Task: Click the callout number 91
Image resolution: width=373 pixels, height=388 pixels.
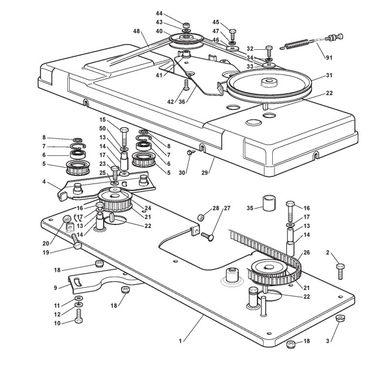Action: point(328,57)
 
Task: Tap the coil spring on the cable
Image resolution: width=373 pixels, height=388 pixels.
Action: point(295,45)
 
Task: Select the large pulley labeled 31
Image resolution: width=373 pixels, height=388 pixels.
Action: point(269,84)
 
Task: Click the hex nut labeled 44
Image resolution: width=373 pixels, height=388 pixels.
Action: point(186,25)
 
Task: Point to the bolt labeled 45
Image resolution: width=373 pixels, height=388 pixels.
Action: point(233,34)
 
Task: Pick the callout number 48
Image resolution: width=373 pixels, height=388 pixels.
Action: point(137,31)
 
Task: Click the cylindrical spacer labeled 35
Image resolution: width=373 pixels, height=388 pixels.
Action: point(269,203)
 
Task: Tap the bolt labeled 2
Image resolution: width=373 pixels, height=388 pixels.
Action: point(340,271)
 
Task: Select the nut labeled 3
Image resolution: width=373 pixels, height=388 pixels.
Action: point(341,318)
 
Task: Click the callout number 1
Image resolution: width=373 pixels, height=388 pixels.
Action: point(180,341)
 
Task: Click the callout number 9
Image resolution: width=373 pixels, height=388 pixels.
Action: point(56,288)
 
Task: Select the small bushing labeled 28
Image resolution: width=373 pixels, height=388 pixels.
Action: point(201,218)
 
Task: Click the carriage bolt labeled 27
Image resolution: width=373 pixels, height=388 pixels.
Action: point(207,237)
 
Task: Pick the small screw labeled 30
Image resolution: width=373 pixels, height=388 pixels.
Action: point(191,152)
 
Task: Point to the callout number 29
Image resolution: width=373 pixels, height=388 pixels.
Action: point(204,172)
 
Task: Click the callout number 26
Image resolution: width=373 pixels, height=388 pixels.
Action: point(307,253)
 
